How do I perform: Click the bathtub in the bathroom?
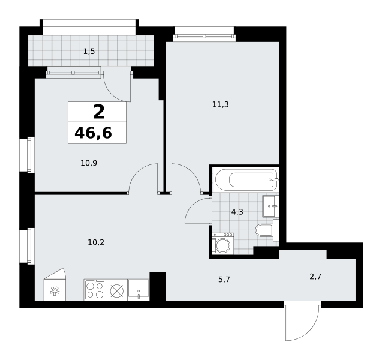coord(246,180)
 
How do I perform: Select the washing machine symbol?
coord(222,244)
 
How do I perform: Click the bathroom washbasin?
coord(270,206)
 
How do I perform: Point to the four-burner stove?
coord(95,290)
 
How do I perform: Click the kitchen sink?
coord(139,290)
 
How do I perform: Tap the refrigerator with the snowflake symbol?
coord(55,284)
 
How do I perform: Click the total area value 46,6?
coord(93,133)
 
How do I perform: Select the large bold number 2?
coord(99,112)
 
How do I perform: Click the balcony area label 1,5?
coord(89,52)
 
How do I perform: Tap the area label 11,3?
coord(221,104)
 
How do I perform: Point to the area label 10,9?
coord(89,163)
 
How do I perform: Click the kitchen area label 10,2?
coord(96,242)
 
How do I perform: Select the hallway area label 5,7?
coord(224,280)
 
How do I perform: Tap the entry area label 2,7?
coord(315,277)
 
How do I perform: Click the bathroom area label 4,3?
coord(237,212)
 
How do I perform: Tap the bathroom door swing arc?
coord(192,205)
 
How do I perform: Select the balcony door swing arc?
coord(111,94)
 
